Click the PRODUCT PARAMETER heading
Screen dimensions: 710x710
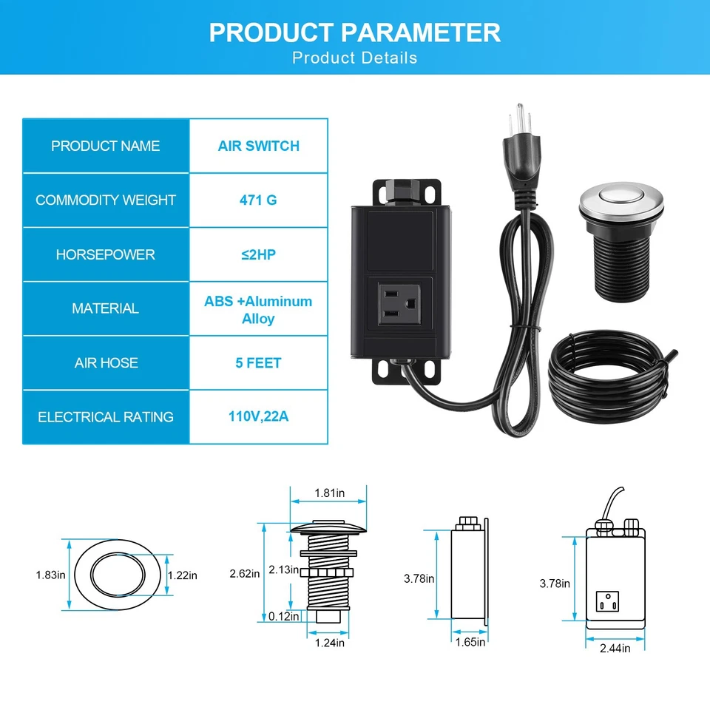(355, 33)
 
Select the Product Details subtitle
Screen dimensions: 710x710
(355, 58)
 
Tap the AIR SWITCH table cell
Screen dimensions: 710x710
(258, 146)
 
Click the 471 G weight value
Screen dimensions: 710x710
(258, 200)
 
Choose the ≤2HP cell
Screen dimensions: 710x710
(258, 254)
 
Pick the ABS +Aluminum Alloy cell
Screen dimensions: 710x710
(258, 310)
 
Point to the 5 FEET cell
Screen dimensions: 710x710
(258, 362)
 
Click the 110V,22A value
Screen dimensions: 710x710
(258, 416)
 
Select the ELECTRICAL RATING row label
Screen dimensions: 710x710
(106, 417)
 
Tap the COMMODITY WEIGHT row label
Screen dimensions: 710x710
(106, 200)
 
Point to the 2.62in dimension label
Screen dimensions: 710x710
(245, 573)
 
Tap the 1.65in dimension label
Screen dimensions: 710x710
(470, 642)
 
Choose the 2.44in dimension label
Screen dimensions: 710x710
(615, 648)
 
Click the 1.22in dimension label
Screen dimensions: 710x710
(183, 575)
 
